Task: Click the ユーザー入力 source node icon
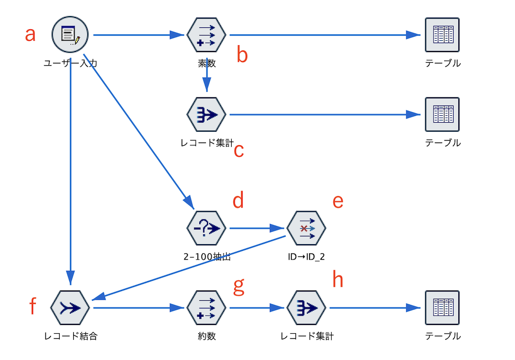coord(70,35)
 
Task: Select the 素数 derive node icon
coord(207,35)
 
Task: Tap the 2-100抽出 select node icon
coord(207,228)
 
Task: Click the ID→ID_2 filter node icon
coord(306,228)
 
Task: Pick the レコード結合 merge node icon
coord(70,308)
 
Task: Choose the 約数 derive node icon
coord(207,308)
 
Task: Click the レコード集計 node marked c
coord(207,115)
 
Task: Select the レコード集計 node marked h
coord(306,308)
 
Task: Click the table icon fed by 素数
coord(442,35)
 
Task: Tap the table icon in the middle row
coord(442,115)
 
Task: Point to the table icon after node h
coord(442,308)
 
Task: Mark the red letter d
coord(238,200)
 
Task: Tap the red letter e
coord(338,202)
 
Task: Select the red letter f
coord(32,306)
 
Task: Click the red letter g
coord(239,286)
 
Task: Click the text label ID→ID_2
coord(306,256)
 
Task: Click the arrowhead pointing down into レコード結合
coord(70,278)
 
